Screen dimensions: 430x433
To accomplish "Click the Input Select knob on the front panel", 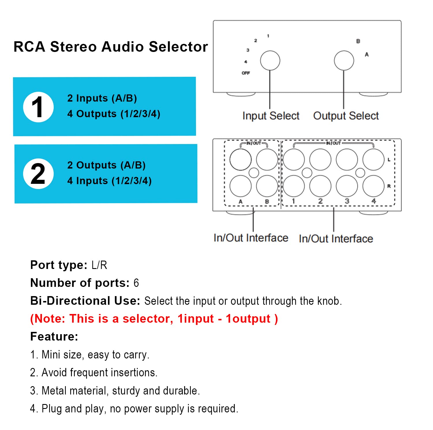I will point(270,61).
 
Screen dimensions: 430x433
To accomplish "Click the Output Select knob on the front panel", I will point(344,61).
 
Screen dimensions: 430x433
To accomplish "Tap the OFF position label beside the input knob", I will point(246,73).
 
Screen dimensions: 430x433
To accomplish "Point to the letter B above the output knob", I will point(358,41).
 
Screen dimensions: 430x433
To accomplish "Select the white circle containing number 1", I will point(38,107).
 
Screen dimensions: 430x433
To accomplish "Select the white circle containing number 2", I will point(38,174).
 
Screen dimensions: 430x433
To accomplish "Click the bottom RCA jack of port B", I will point(267,186).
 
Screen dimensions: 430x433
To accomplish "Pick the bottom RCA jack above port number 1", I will point(294,186).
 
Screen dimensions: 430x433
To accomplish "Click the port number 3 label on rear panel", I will point(347,201).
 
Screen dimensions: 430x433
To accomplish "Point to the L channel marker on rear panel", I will point(389,160).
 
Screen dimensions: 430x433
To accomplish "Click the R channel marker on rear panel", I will point(389,186).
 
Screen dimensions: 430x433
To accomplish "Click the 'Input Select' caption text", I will point(271,116).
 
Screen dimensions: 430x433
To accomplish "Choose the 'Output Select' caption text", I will point(346,116).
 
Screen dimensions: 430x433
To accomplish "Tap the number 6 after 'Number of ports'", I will point(136,283).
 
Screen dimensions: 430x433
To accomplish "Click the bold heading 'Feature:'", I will point(54,337).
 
